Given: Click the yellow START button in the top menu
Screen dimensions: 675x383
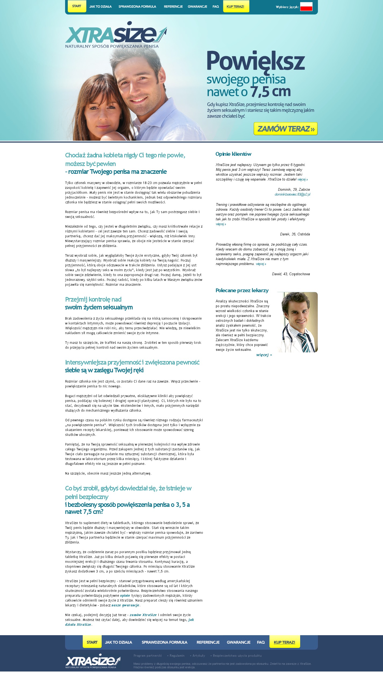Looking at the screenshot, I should coord(77,6).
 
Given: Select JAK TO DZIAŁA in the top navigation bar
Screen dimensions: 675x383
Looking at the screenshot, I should coord(100,7).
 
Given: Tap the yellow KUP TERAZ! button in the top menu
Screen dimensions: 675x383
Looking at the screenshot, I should coord(236,6).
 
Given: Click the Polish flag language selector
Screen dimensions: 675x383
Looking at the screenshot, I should coord(306,7).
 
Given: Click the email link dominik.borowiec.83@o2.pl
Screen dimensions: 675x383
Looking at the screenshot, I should coord(292,195).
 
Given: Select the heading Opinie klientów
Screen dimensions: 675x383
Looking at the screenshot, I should coord(233,154).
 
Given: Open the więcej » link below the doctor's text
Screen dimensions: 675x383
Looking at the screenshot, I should coord(264,355).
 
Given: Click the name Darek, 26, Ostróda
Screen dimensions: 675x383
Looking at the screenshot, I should coord(295,234).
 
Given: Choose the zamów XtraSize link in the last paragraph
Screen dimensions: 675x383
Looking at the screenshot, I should coord(143,615).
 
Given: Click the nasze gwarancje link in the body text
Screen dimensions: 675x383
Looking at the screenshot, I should coord(125,605).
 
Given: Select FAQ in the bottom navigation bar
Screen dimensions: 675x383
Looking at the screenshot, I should coord(261,642).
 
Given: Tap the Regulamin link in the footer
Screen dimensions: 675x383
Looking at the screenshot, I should coord(177,656).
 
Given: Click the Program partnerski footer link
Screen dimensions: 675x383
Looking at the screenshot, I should coord(148,656).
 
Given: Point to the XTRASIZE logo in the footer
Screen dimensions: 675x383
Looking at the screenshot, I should coord(93,661).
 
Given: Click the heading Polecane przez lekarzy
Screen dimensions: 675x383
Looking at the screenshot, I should coord(242,291).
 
